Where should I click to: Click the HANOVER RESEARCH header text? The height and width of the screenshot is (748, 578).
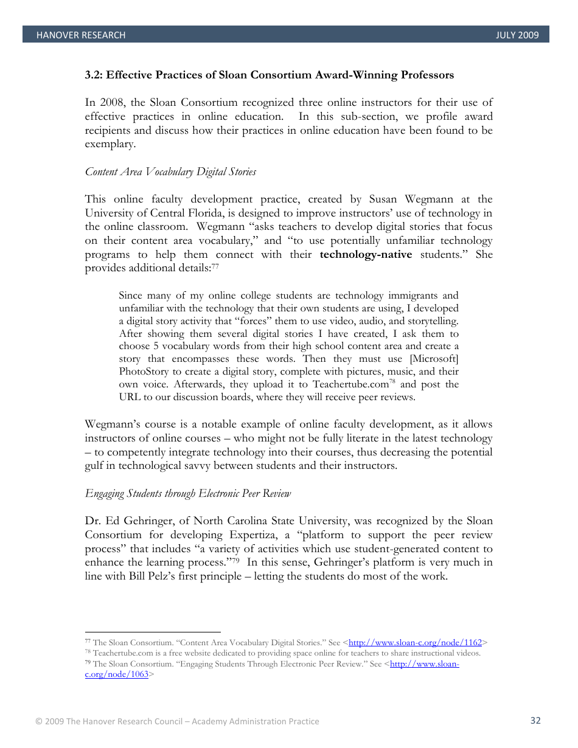pos(80,35)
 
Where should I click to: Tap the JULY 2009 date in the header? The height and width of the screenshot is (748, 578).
pos(517,35)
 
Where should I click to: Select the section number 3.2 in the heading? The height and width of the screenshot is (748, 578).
pos(93,75)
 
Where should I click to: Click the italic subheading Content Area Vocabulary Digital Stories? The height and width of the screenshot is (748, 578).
pos(170,172)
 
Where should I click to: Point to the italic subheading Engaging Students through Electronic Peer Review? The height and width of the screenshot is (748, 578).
pos(188,494)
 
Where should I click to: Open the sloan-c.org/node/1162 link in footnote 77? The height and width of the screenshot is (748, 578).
pos(415,642)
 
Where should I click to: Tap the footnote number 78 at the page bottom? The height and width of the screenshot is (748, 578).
pos(88,653)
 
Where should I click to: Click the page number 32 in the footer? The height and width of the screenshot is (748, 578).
pos(535,721)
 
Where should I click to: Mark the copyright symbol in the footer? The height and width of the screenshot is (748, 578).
pos(38,721)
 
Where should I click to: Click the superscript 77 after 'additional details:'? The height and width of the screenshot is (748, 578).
pos(215,267)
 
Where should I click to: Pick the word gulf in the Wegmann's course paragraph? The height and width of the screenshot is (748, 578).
pos(96,466)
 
